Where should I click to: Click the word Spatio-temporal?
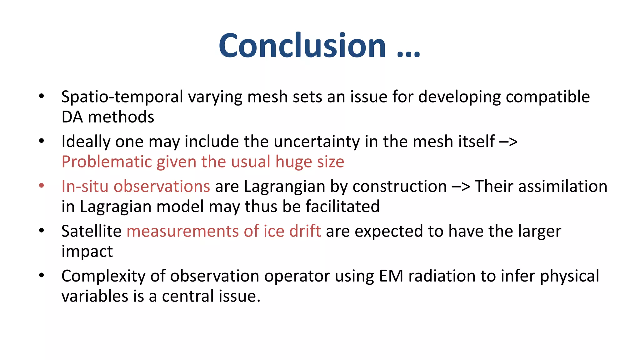(122, 97)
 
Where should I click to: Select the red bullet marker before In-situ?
(42, 186)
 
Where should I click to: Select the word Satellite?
(91, 231)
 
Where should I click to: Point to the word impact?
(87, 252)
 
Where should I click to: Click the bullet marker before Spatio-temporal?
(42, 96)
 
